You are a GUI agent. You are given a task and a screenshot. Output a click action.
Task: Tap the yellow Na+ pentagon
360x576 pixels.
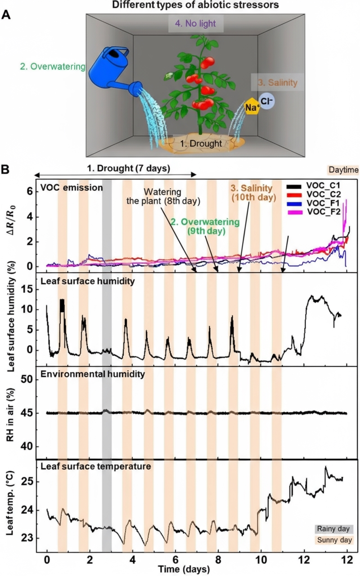coord(251,107)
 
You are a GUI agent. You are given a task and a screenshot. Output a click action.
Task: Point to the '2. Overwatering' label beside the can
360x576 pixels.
coord(52,67)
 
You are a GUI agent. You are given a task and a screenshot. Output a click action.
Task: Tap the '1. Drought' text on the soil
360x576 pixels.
coord(201,144)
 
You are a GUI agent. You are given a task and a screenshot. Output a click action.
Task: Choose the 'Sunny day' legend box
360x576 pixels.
coord(333,540)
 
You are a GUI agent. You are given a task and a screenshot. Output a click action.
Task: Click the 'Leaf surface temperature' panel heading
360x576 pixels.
coord(95,467)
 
